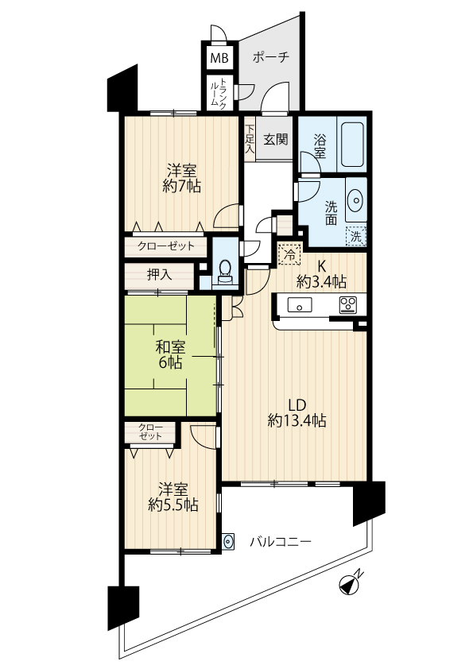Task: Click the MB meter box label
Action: click(219, 57)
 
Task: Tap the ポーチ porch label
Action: click(270, 56)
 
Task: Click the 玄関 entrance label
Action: click(275, 139)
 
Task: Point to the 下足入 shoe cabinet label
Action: click(250, 139)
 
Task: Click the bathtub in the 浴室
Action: click(352, 145)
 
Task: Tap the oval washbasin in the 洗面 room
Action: click(355, 199)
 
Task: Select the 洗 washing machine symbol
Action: click(355, 236)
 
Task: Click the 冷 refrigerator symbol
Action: click(289, 255)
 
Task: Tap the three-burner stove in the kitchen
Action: click(347, 305)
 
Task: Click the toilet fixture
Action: click(224, 272)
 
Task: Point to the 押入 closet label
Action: click(159, 275)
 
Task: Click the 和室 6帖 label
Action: click(171, 355)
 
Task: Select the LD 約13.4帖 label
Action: click(297, 412)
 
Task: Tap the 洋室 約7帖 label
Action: click(181, 178)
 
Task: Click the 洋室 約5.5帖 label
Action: click(173, 497)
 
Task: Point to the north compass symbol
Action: click(350, 582)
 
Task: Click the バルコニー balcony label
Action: click(281, 543)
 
